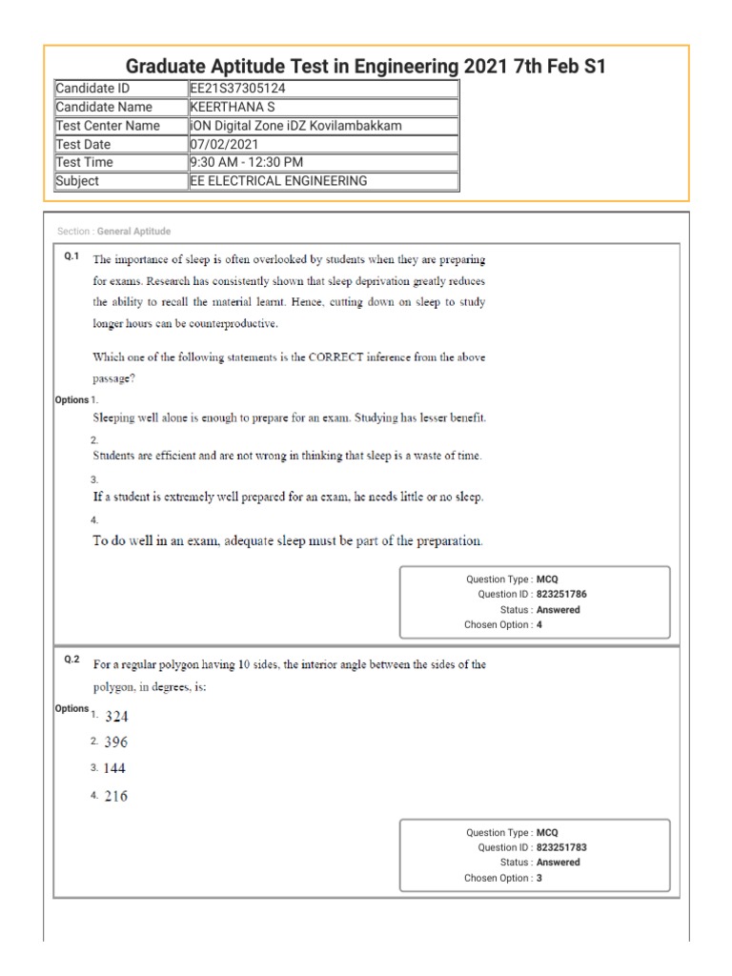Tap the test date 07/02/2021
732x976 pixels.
tap(224, 144)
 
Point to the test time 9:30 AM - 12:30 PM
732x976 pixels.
tap(247, 162)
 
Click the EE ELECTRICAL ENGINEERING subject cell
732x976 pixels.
tap(278, 181)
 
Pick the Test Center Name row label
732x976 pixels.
tap(108, 126)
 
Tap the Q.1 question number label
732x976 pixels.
tap(71, 256)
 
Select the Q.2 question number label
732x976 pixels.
tap(71, 660)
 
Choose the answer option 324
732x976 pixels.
tap(116, 715)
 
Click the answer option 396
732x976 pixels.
tap(116, 742)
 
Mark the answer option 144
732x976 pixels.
tap(115, 768)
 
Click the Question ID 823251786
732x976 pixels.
tap(561, 594)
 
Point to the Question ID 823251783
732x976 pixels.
tap(561, 847)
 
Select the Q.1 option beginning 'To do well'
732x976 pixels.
tap(287, 541)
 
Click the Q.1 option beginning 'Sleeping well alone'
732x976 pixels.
tap(289, 417)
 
